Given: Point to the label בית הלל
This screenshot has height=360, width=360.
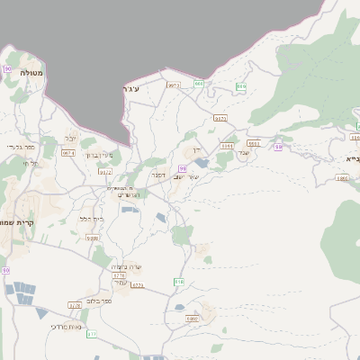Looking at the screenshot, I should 92,218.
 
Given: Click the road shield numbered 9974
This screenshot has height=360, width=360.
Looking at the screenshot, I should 68,154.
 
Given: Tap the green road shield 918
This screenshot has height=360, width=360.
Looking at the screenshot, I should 178,282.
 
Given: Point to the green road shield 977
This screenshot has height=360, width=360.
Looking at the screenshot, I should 92,334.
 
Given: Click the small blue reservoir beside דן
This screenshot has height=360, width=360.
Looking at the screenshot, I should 201,164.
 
